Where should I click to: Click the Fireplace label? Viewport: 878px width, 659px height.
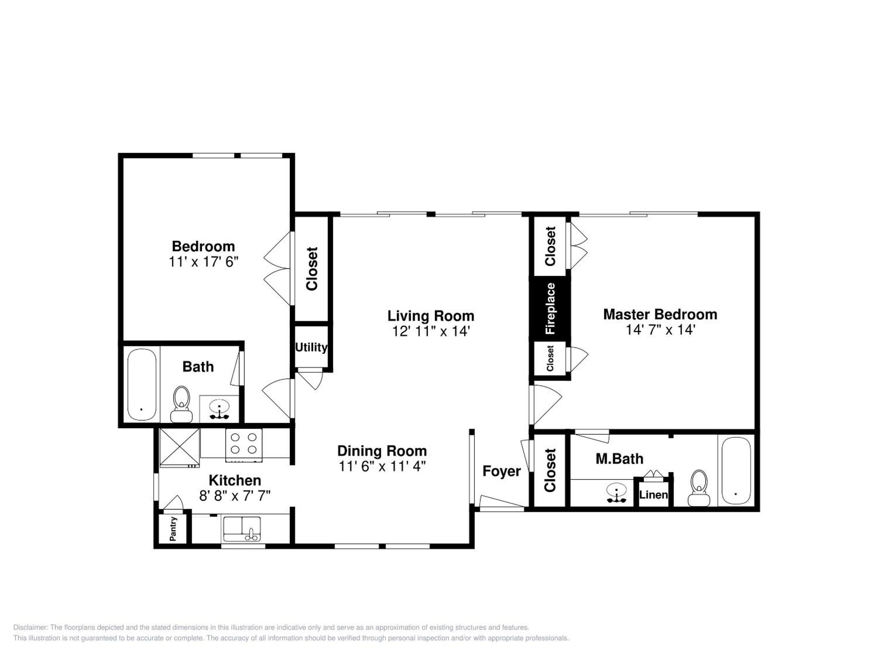[x=550, y=308]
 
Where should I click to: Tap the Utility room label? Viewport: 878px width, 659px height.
[x=311, y=347]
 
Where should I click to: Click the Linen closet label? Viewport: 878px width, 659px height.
[x=653, y=495]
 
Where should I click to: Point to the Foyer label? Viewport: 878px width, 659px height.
[x=501, y=471]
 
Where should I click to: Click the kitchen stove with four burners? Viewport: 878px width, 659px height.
[x=244, y=445]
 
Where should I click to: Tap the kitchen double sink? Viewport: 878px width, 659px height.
[x=242, y=529]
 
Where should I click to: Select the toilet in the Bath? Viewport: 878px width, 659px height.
[x=181, y=404]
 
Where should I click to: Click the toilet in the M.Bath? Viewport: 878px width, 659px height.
[x=699, y=488]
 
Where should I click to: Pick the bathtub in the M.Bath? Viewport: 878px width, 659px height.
[x=736, y=471]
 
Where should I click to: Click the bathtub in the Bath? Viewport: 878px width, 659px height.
[x=142, y=384]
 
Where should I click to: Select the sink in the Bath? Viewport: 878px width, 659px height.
[x=219, y=409]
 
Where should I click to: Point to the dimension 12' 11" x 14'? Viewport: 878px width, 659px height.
[x=431, y=331]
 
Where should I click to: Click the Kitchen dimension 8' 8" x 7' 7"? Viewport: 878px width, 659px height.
[x=235, y=496]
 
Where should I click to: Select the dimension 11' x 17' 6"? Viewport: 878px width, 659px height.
[x=204, y=262]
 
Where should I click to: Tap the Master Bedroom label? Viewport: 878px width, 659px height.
[x=660, y=315]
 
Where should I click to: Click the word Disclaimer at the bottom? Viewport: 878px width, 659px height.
[x=30, y=628]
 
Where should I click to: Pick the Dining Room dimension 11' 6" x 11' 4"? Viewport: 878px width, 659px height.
[x=382, y=466]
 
